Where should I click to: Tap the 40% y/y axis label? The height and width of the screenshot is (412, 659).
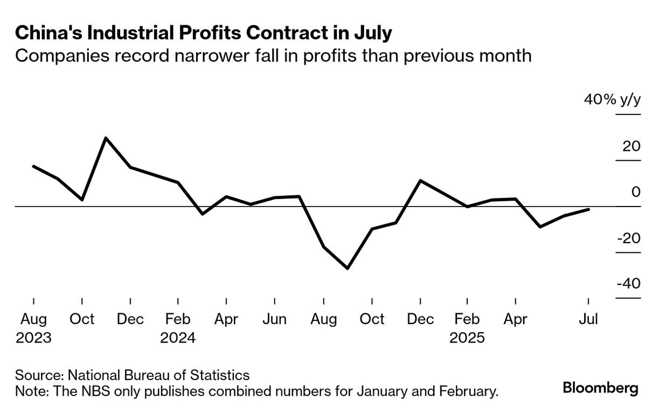pos(612,100)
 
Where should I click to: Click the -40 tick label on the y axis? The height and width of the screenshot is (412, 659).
pos(627,284)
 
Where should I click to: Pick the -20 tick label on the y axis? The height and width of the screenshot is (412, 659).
pos(627,238)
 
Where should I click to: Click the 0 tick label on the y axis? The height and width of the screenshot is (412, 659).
pos(635,192)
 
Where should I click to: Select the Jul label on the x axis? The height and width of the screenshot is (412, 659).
pos(587,319)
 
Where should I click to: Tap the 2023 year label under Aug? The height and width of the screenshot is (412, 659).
pos(33,338)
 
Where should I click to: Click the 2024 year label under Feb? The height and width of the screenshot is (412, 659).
pos(178,338)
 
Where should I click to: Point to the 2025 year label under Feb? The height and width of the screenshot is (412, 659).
pos(467,338)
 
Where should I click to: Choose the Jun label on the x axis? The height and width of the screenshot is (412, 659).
pos(274,319)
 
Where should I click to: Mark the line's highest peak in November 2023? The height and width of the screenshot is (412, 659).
pos(106,138)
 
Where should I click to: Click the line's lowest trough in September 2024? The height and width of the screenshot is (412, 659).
pos(348,268)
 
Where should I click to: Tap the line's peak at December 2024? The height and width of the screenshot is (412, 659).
pos(420,181)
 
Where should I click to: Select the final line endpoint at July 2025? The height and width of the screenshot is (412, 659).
pos(588,209)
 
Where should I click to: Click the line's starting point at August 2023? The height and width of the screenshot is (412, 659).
pos(33,166)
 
